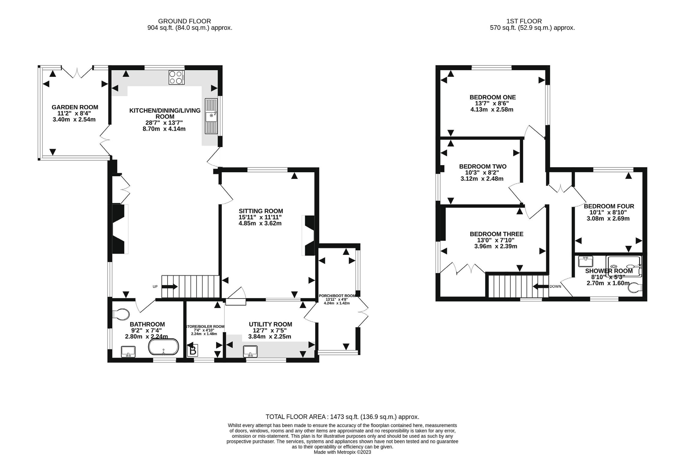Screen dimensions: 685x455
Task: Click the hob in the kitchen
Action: tap(176, 77)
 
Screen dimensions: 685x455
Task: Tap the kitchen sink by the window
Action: tap(211, 116)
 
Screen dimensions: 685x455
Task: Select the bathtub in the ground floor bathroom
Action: tap(163, 347)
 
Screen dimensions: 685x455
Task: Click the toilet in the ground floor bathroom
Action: tap(121, 314)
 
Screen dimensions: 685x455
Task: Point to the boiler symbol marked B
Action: tap(193, 350)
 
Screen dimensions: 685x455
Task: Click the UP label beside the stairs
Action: tap(155, 287)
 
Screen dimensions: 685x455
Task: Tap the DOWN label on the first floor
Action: tap(555, 287)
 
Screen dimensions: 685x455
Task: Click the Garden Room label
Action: tap(75, 107)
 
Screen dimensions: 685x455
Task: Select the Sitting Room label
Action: tap(261, 211)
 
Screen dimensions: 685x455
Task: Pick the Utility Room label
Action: tap(271, 324)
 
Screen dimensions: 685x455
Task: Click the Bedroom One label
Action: tap(493, 97)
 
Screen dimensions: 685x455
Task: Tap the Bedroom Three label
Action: tap(497, 234)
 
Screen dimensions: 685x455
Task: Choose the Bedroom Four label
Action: tap(609, 206)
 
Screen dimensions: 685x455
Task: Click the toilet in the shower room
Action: tap(636, 288)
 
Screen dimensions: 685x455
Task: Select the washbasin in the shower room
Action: tap(585, 261)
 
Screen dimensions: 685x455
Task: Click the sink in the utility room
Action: tap(250, 351)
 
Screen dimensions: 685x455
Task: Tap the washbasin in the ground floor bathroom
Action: tap(128, 352)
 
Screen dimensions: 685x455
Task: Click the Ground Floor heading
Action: tap(184, 21)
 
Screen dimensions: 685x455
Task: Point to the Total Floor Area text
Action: tap(342, 417)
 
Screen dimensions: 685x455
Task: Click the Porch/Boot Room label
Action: tap(337, 296)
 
